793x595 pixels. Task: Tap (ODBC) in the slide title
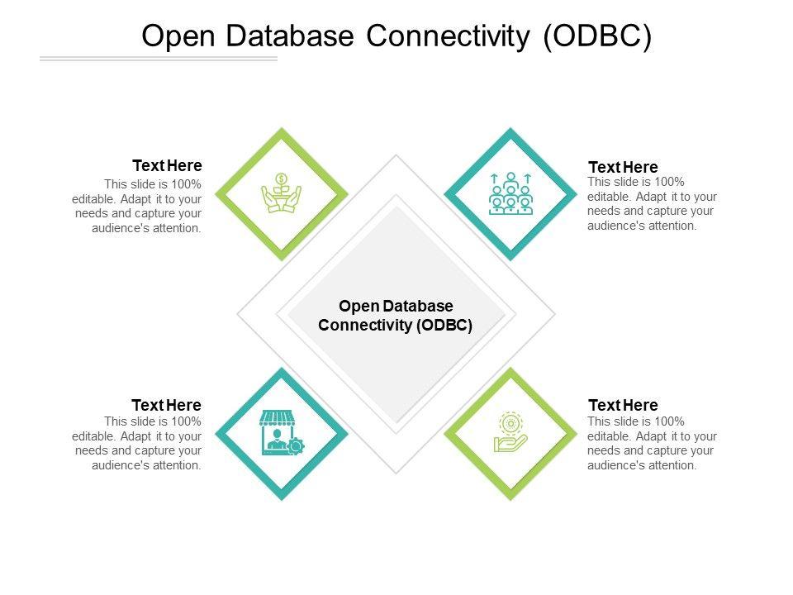pyautogui.click(x=596, y=36)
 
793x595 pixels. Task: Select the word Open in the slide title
pyautogui.click(x=178, y=36)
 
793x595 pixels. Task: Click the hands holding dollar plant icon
pyautogui.click(x=282, y=194)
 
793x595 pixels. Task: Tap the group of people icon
pyautogui.click(x=510, y=194)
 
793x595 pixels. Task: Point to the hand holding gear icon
pyautogui.click(x=510, y=433)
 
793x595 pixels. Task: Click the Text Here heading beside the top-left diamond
pyautogui.click(x=167, y=165)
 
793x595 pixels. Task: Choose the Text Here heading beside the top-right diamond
pyautogui.click(x=623, y=167)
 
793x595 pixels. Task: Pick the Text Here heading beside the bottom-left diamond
pyautogui.click(x=167, y=405)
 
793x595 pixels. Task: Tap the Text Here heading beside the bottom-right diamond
pyautogui.click(x=623, y=405)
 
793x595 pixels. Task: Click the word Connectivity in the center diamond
pyautogui.click(x=365, y=325)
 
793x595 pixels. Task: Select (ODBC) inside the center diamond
pyautogui.click(x=444, y=325)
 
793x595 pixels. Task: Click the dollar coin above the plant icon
pyautogui.click(x=282, y=178)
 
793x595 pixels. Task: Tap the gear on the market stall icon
pyautogui.click(x=296, y=446)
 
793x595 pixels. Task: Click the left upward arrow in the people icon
pyautogui.click(x=494, y=178)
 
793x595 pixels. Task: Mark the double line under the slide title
pyautogui.click(x=159, y=59)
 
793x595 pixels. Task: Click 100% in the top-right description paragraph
pyautogui.click(x=670, y=182)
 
